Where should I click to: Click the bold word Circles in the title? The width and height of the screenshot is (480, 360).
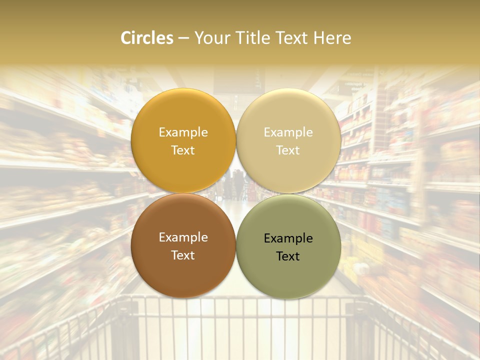pyautogui.click(x=146, y=38)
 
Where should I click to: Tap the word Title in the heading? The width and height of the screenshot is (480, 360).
pyautogui.click(x=253, y=38)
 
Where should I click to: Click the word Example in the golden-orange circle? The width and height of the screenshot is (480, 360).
pyautogui.click(x=183, y=132)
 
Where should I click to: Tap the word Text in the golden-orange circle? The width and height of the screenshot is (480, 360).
pyautogui.click(x=183, y=150)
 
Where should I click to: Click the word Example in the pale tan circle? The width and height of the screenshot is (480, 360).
pyautogui.click(x=288, y=132)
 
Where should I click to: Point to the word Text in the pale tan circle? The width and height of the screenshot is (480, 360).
pyautogui.click(x=288, y=150)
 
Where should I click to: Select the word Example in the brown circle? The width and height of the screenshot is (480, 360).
pyautogui.click(x=183, y=237)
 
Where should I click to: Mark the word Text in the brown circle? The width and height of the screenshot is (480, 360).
pyautogui.click(x=183, y=255)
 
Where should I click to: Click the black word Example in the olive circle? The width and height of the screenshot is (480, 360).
pyautogui.click(x=288, y=238)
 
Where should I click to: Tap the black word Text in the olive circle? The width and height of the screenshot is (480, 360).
pyautogui.click(x=288, y=256)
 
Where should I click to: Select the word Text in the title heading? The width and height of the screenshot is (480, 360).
pyautogui.click(x=293, y=38)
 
